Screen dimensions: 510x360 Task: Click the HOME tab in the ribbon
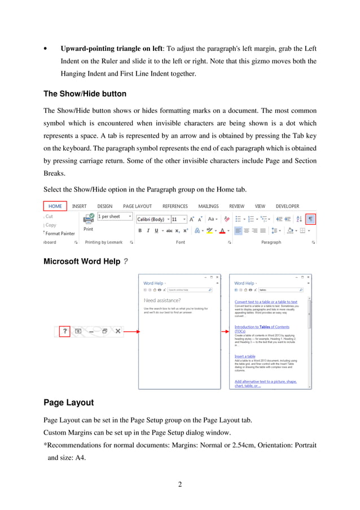coord(55,206)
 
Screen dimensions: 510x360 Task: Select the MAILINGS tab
coord(208,206)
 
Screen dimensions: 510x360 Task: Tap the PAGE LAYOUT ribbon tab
coord(138,206)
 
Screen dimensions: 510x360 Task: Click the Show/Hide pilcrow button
coord(311,218)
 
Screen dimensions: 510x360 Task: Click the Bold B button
coord(140,230)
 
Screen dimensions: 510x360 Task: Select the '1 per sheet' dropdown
coord(115,216)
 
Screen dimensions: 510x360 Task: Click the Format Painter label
coord(60,233)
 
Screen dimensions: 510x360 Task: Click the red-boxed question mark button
coord(65,331)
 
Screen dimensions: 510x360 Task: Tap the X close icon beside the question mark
coord(118,331)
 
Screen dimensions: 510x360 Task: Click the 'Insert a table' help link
coord(245,356)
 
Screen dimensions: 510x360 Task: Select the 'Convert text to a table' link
coord(266,302)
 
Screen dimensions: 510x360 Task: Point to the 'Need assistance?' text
coord(162,300)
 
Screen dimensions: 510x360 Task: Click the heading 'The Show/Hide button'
coord(85,94)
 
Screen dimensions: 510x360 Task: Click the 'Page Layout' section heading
coord(68,403)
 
